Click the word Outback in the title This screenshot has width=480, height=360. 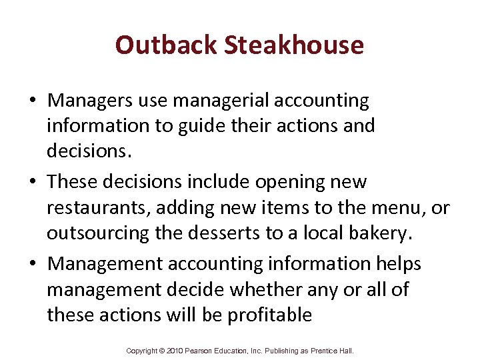(x=166, y=45)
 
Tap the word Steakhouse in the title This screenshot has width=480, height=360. (x=294, y=45)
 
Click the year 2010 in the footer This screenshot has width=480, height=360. (x=174, y=351)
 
